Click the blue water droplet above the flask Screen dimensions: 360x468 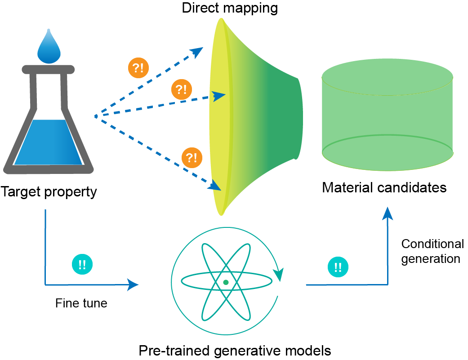(49, 48)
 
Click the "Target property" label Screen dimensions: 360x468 (49, 192)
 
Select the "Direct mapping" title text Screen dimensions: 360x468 (230, 8)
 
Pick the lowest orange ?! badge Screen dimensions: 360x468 (192, 158)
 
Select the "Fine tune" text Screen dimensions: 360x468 (81, 303)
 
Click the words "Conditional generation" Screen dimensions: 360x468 (432, 251)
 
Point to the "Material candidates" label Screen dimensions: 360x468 (384, 187)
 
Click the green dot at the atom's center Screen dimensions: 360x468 (226, 282)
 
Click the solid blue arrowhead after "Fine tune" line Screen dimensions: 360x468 (133, 284)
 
